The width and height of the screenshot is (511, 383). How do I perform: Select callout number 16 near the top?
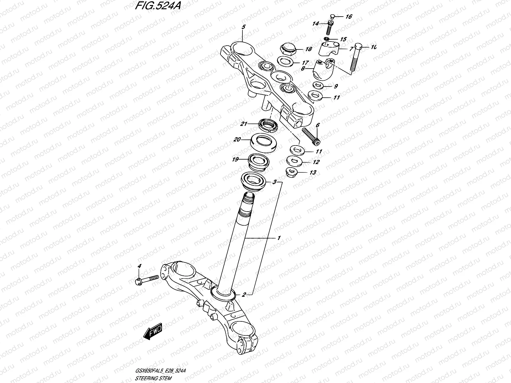[349, 17]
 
